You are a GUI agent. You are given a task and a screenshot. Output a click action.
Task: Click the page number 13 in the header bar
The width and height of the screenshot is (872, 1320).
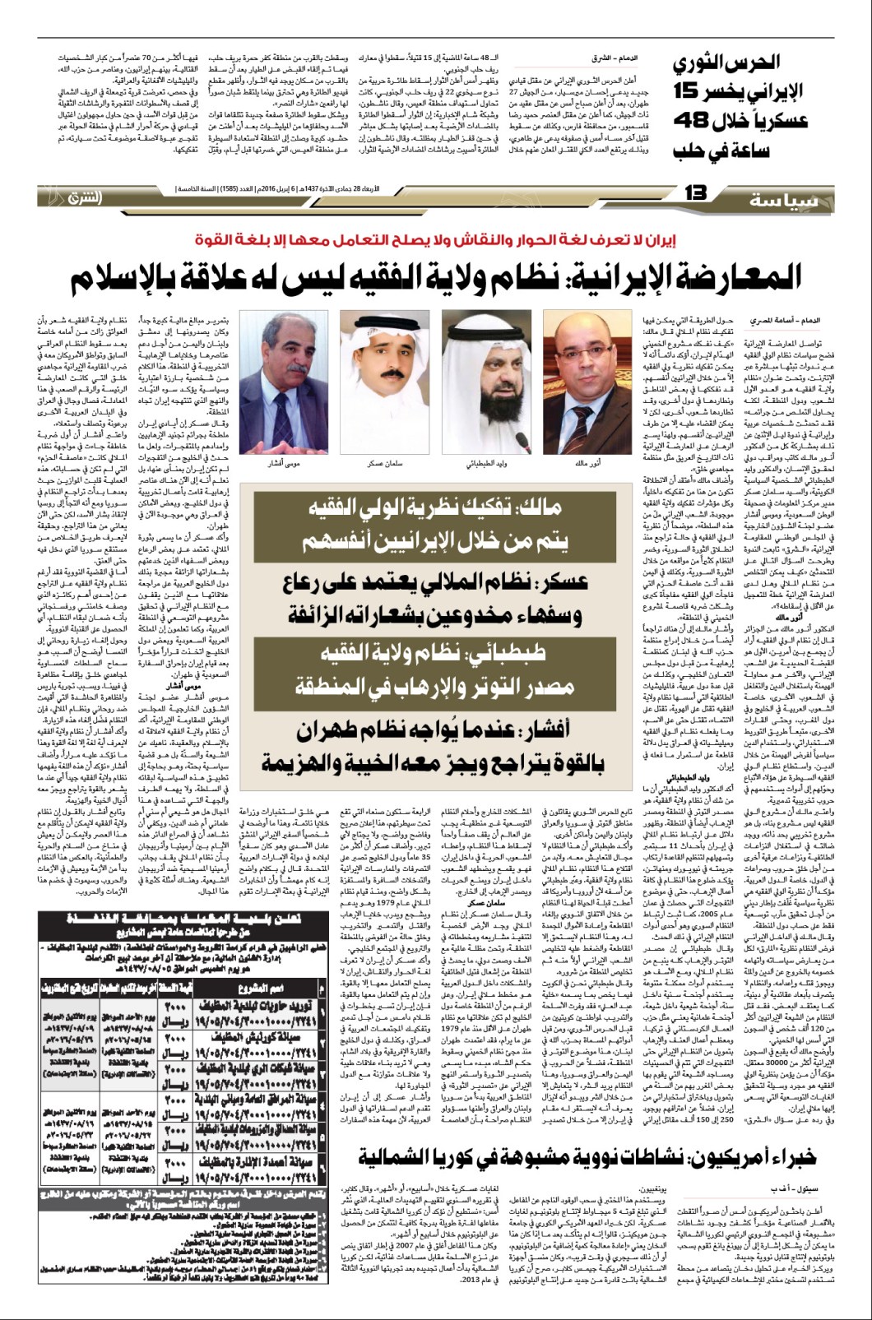pyautogui.click(x=696, y=193)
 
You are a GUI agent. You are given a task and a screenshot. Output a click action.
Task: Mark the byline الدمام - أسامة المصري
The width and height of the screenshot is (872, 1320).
pyautogui.click(x=777, y=319)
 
